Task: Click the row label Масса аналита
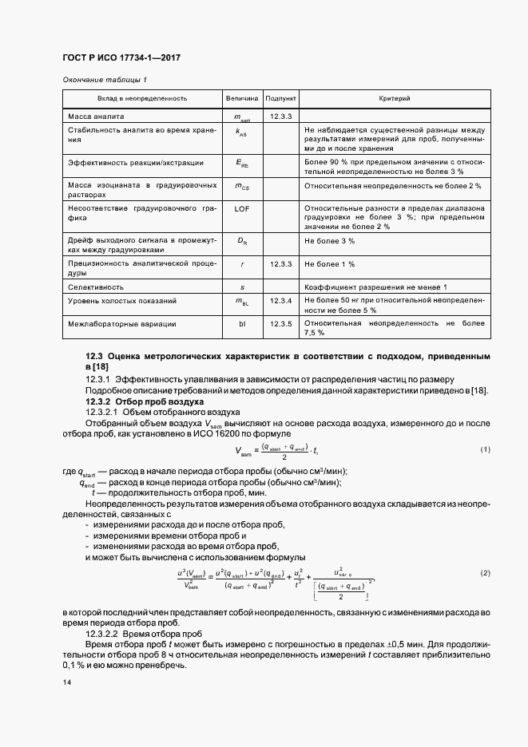(96, 117)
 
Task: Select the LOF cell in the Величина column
(242, 208)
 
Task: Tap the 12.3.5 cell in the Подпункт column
(280, 324)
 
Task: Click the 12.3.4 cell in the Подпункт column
(280, 301)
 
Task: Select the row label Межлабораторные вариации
(121, 324)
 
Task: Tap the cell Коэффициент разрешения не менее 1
(375, 286)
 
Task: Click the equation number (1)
(485, 450)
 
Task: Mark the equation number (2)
(485, 574)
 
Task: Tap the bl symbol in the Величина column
(242, 324)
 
